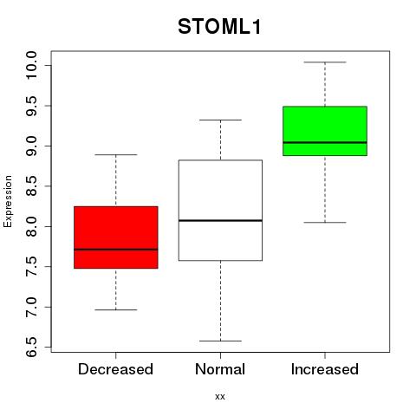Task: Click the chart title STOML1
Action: coord(219,27)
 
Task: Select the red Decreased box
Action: coord(116,237)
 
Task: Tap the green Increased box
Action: coord(325,131)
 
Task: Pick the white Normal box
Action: coord(220,211)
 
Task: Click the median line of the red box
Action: coord(116,250)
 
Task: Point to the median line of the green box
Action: coord(325,142)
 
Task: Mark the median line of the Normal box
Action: coord(220,220)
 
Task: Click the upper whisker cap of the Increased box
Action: coord(325,62)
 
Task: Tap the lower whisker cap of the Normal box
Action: coord(220,341)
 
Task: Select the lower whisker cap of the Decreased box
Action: coord(116,309)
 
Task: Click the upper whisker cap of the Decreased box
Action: coord(116,154)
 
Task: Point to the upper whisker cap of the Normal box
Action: coord(220,120)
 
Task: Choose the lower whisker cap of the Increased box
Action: coord(325,223)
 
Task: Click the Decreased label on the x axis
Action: coord(115,369)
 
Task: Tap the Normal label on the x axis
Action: coord(220,369)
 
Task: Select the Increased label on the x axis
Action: coord(325,369)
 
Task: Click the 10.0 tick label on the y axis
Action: coord(31,65)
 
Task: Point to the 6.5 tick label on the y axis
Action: coord(31,347)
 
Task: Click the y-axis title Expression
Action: coord(8,201)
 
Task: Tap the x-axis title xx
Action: coord(220,397)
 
